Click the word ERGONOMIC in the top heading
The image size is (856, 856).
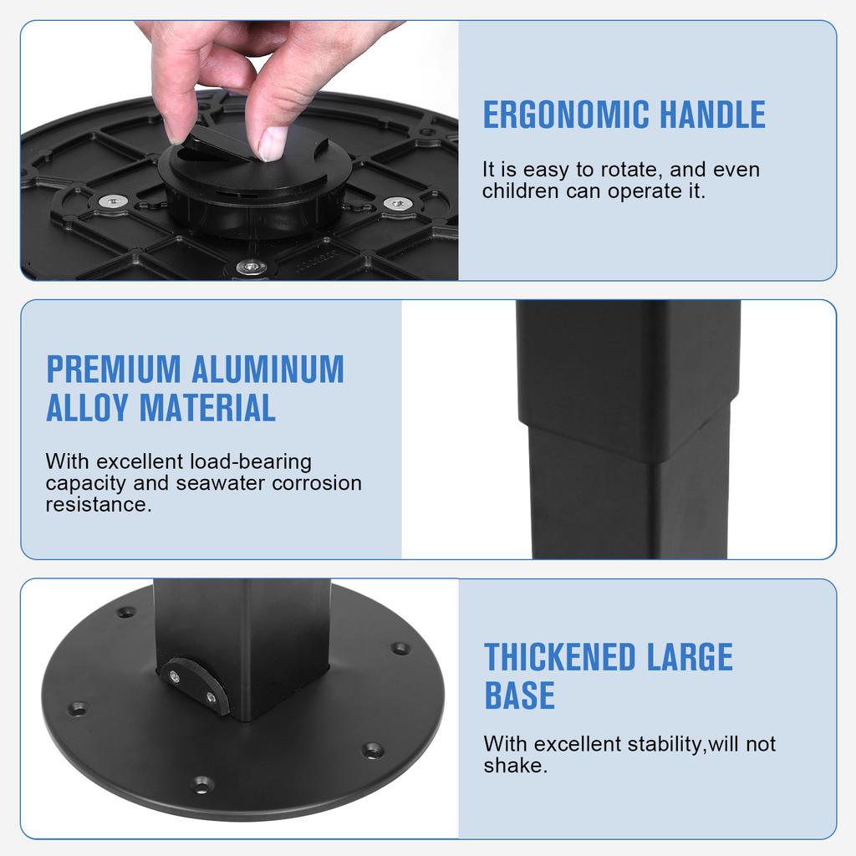point(566,115)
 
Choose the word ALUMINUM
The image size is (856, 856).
point(267,369)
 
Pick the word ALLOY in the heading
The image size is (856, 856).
point(88,408)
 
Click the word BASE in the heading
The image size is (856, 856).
point(519,695)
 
